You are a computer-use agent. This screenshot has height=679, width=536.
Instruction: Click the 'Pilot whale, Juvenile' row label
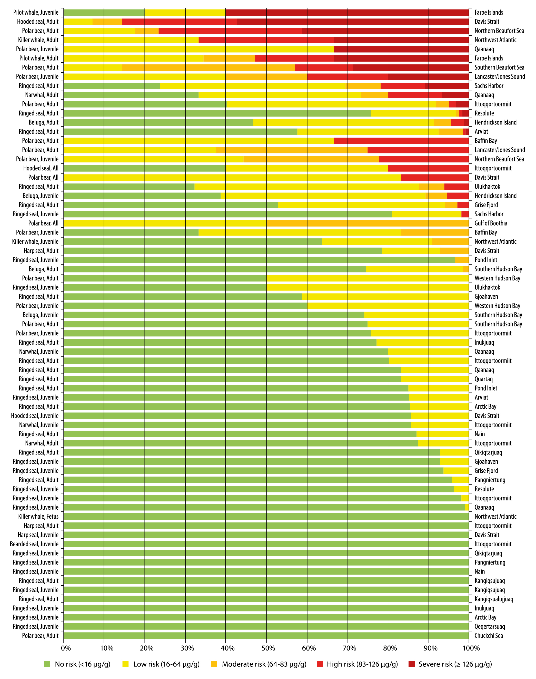(35, 12)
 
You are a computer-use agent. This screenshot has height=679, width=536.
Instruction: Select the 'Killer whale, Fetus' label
(38, 516)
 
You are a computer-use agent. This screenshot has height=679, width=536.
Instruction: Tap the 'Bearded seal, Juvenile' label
(34, 544)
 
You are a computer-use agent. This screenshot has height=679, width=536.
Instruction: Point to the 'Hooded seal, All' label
(41, 168)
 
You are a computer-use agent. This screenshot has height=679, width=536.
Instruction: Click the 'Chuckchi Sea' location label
(489, 636)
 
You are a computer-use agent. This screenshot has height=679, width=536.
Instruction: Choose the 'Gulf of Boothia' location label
(491, 223)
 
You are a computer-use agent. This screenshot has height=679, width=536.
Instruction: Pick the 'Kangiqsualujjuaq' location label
(494, 599)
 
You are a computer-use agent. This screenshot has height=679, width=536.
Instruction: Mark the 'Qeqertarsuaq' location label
(490, 627)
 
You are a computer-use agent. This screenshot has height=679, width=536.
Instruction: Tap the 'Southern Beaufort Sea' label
(499, 67)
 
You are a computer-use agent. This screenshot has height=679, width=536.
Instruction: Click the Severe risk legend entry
(450, 664)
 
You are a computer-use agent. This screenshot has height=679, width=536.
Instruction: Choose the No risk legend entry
(77, 664)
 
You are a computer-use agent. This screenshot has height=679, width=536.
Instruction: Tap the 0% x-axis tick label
(66, 648)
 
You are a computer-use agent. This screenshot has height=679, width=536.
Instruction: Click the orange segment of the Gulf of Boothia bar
(368, 223)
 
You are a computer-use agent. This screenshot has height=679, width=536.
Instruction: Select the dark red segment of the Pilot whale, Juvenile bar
(347, 12)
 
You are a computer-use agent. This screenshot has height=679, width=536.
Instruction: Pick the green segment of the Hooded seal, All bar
(144, 168)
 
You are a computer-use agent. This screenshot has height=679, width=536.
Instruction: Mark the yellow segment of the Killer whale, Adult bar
(131, 40)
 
